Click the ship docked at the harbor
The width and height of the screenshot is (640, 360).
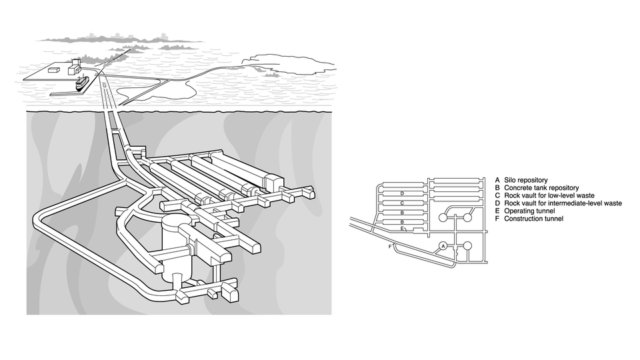[81, 83]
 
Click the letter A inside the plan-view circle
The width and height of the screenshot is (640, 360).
[443, 246]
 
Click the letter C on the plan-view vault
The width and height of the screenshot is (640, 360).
[401, 203]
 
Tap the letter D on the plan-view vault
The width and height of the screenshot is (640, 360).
[401, 193]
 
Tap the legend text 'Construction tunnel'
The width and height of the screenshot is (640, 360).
[533, 219]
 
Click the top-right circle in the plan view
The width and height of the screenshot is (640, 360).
[468, 217]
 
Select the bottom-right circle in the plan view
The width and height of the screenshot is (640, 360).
[468, 245]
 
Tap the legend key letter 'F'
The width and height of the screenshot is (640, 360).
[497, 219]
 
